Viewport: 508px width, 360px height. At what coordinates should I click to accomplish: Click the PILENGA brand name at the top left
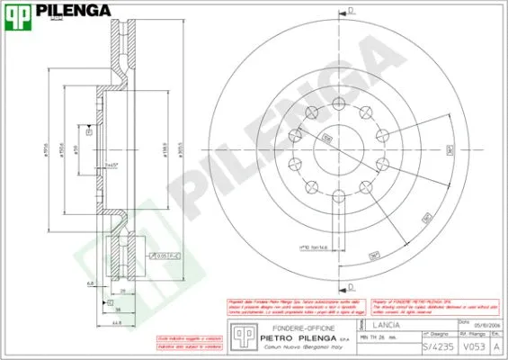coord(74,11)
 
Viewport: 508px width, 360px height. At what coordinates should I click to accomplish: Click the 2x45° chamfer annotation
coord(111,166)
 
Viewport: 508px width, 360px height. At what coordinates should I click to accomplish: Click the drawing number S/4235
coord(433,346)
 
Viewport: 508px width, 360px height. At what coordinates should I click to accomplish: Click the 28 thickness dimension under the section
coord(121,292)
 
